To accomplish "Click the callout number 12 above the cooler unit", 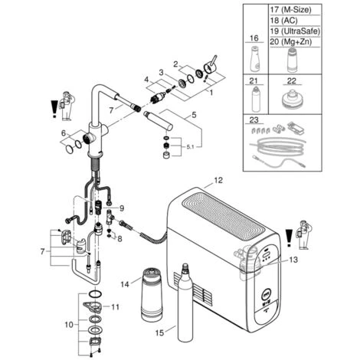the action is coord(218,180).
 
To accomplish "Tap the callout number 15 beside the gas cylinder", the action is coord(159,333).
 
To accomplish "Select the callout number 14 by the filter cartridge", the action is coord(125,284).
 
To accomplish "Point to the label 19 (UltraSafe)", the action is coord(295,31).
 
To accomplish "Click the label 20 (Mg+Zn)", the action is coord(291,41).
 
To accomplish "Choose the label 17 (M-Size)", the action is coord(291,10).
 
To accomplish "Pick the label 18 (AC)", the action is coord(283,21).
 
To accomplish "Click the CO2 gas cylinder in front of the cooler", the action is coord(185,303).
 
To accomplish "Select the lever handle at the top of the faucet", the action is coord(211,65).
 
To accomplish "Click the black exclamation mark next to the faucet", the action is coord(54,109).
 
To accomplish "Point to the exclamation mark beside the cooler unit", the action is coord(289,238).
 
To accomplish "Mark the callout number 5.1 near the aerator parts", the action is coord(190,147).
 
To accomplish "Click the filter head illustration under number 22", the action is coord(292,100).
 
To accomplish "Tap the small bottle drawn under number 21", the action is coord(256,100).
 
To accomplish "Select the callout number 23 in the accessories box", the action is coord(254,119).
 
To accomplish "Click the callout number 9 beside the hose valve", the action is coord(122,208).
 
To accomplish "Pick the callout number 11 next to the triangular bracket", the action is coord(116,306).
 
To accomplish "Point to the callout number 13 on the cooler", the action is coord(293,260).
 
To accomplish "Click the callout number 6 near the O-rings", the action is coord(64,133).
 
